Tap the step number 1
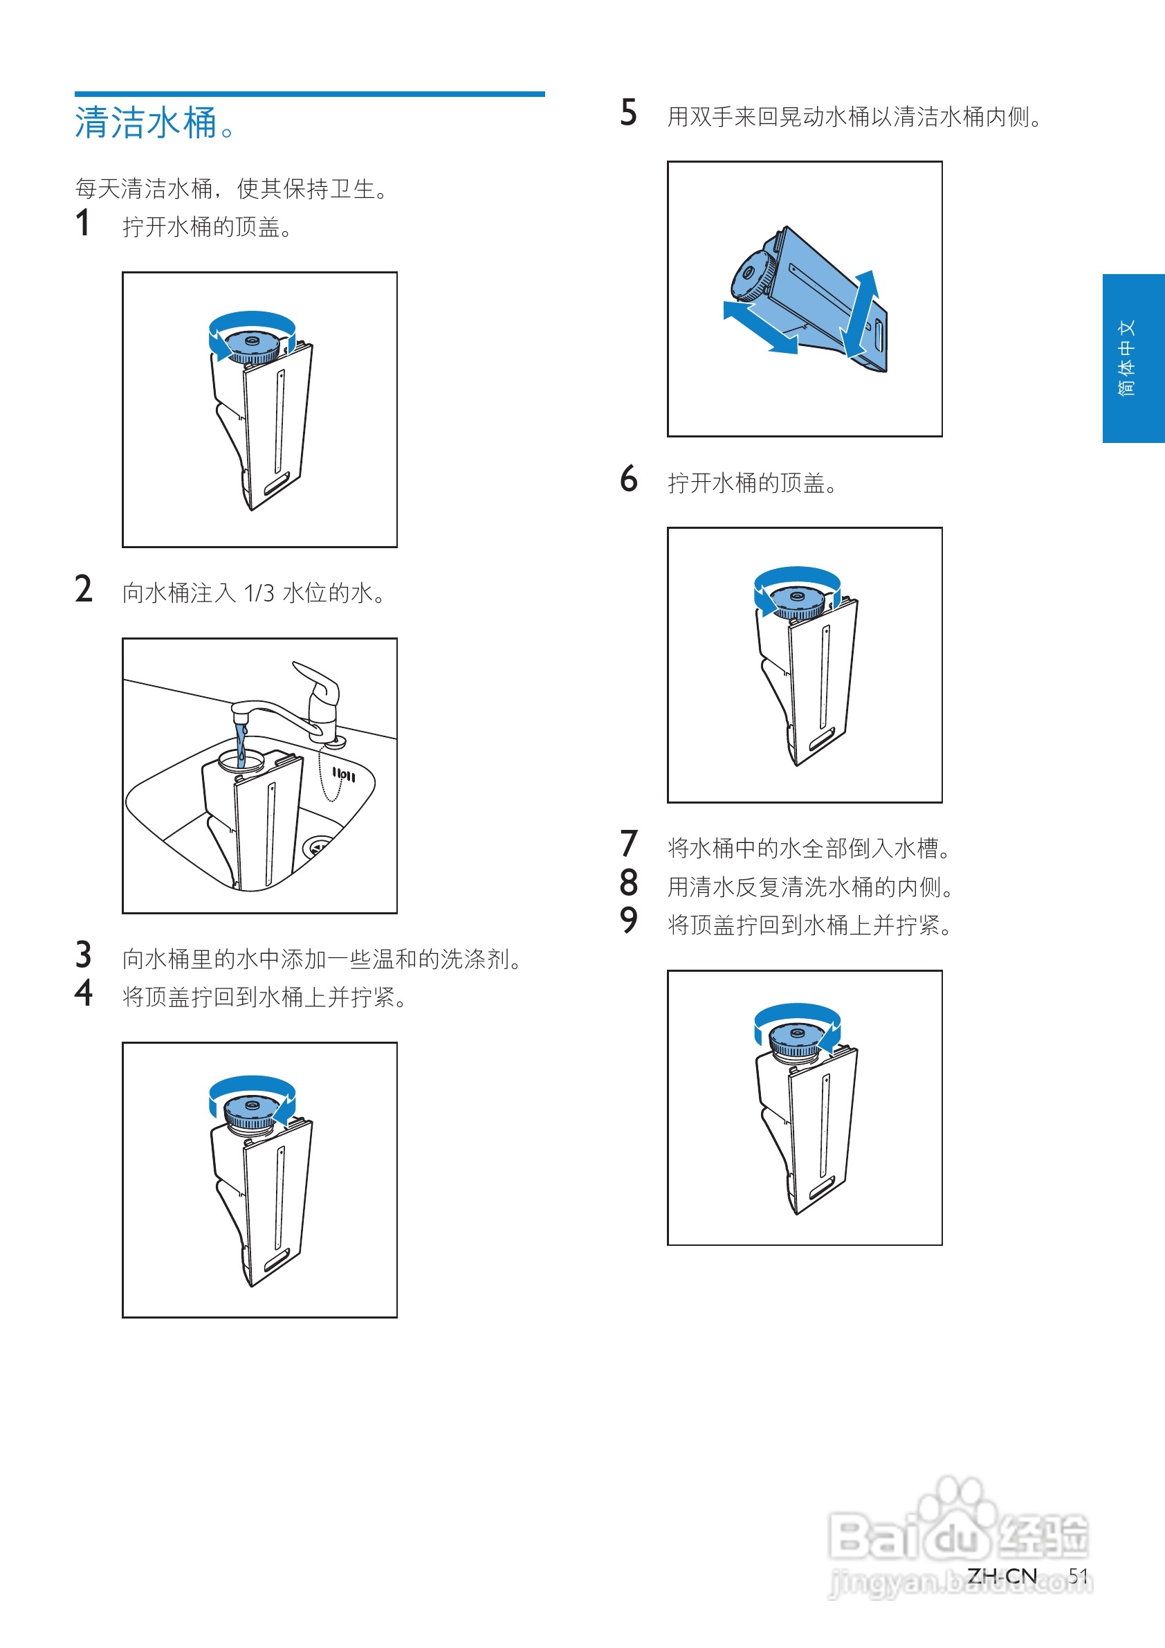[x=83, y=224]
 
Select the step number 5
[x=628, y=114]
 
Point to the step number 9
[x=628, y=921]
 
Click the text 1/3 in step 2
[x=259, y=594]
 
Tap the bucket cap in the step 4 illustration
[x=252, y=1112]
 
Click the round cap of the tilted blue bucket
[x=751, y=275]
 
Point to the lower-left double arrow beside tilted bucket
[x=760, y=327]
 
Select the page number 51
[x=1079, y=1575]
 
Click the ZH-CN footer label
[x=1002, y=1575]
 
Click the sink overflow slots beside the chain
[x=344, y=775]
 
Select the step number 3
[x=83, y=955]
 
